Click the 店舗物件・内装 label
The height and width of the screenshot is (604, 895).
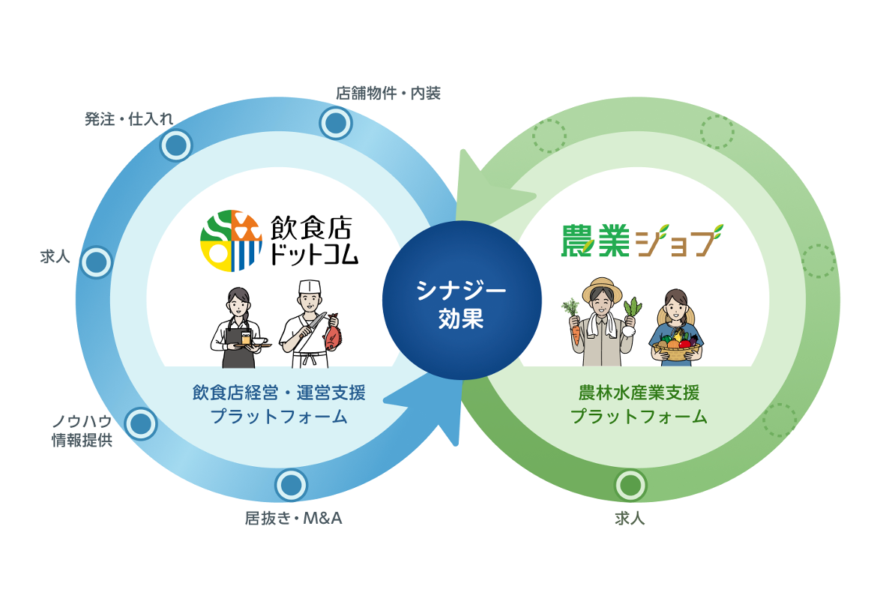388,94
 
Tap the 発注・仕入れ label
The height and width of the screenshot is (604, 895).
129,118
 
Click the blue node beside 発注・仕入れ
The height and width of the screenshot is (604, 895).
177,145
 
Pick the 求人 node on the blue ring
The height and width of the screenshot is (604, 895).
96,262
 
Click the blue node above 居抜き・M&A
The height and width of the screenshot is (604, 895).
292,486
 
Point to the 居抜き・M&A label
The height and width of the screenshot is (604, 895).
293,518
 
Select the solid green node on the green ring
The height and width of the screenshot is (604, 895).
630,486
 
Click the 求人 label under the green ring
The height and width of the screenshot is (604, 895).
630,518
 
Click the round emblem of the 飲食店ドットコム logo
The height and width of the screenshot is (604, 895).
231,241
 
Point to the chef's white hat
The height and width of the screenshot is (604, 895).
309,288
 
